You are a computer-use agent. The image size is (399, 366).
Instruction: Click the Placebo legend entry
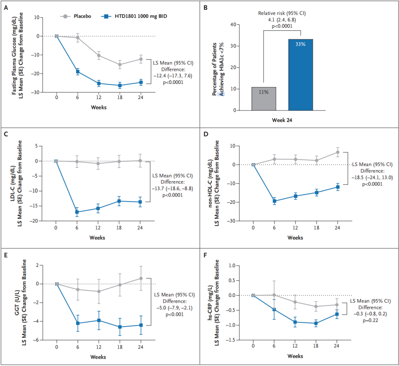click(x=76, y=16)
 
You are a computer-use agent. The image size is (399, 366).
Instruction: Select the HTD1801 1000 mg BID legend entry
click(x=134, y=16)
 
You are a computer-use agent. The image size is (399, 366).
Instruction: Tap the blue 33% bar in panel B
click(x=300, y=75)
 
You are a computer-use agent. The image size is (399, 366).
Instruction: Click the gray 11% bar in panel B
click(x=264, y=99)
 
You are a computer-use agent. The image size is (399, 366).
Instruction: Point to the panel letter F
click(x=205, y=255)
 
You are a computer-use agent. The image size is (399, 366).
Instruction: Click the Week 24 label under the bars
click(x=282, y=120)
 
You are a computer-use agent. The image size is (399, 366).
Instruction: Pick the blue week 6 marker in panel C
click(x=77, y=212)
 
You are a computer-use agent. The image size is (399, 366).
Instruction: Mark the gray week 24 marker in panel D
click(x=338, y=152)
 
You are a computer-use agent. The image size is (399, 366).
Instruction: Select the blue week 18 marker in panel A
click(x=120, y=85)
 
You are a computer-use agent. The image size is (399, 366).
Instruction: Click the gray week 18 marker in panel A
click(x=120, y=64)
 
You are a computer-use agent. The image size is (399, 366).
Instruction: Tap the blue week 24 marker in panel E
click(x=141, y=325)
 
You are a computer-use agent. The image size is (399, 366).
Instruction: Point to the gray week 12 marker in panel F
click(x=295, y=302)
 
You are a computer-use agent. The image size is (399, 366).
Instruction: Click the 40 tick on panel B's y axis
click(x=233, y=24)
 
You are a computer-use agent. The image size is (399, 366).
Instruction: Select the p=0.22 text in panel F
click(x=370, y=321)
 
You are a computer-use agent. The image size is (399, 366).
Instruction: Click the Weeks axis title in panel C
click(x=97, y=238)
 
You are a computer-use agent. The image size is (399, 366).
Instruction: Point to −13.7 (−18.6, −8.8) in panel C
click(x=173, y=189)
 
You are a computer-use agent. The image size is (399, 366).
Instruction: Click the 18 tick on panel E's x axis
click(x=120, y=347)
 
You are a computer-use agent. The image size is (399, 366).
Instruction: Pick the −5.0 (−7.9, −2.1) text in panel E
click(x=174, y=308)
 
